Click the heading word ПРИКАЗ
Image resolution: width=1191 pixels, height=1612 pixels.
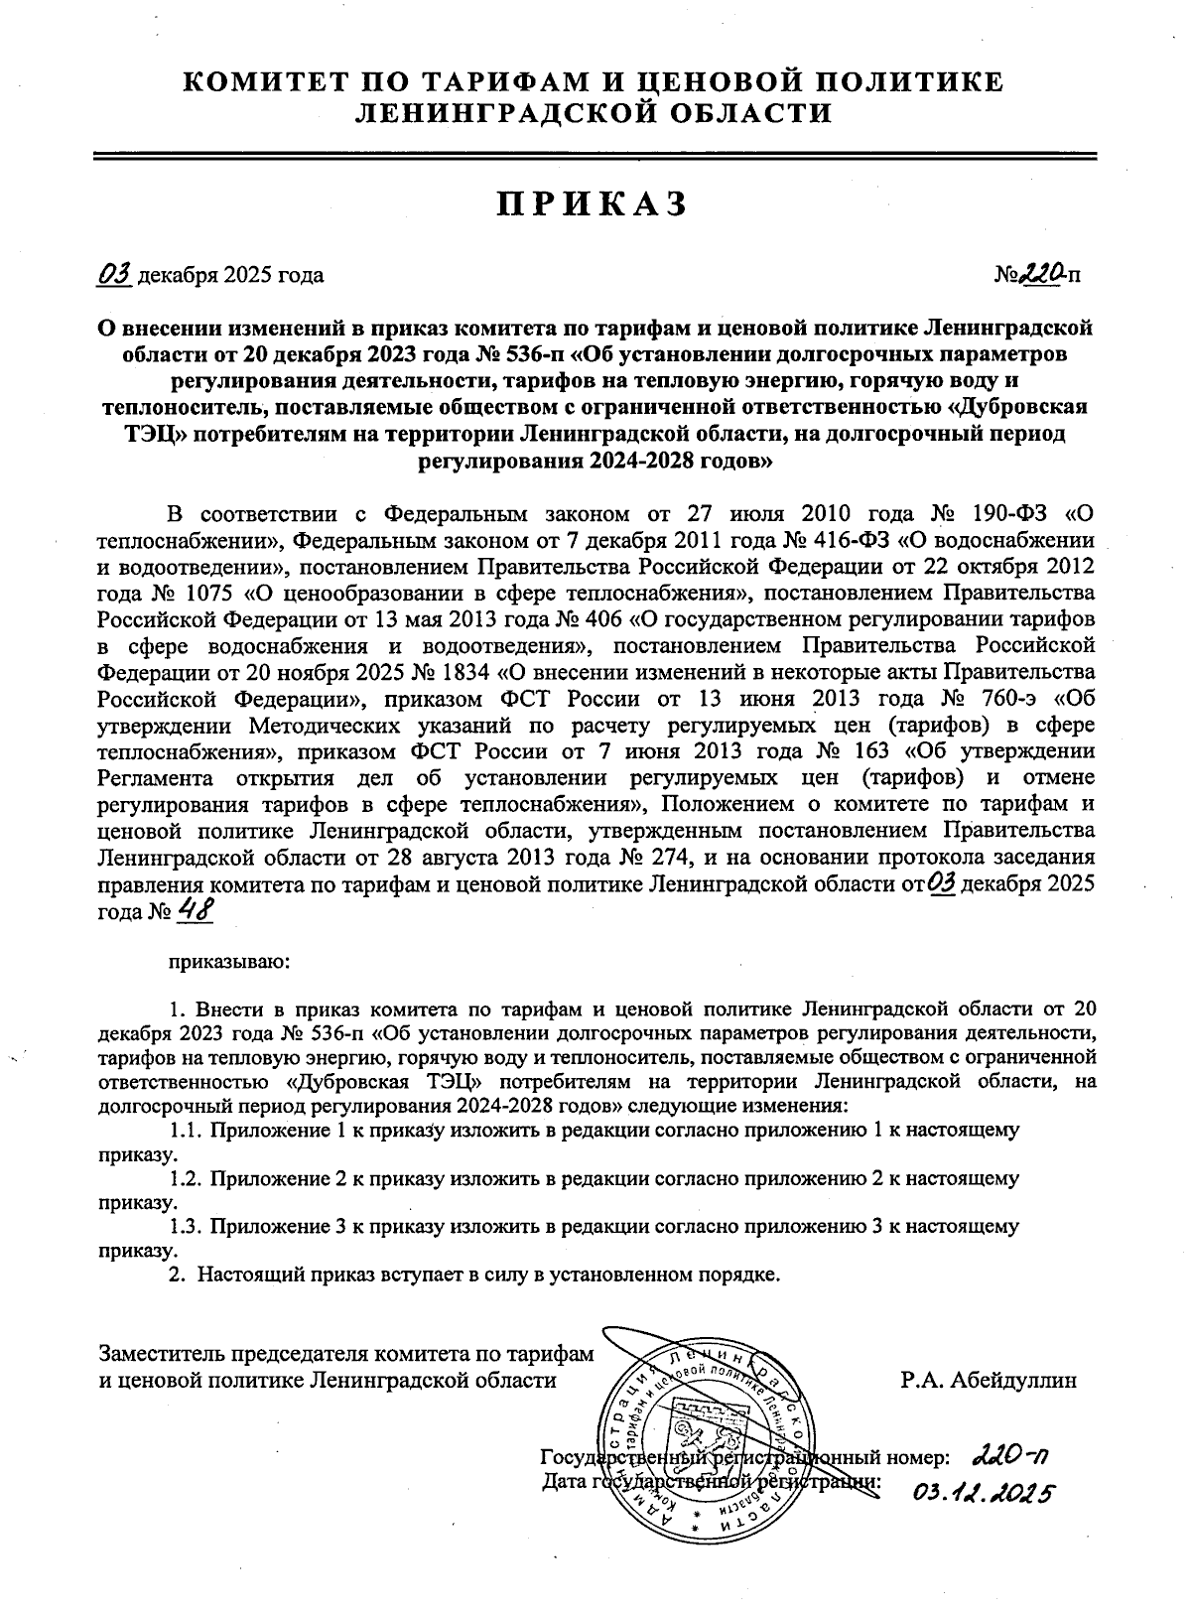[x=592, y=203]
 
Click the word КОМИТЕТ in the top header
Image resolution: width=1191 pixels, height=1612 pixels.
[x=261, y=82]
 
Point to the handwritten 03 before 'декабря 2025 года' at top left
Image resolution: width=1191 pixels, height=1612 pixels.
[x=115, y=273]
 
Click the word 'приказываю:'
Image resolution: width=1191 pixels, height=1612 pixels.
[x=229, y=961]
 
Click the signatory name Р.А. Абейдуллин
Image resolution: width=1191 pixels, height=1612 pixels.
[x=988, y=1379]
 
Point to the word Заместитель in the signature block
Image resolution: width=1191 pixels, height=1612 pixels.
[x=162, y=1353]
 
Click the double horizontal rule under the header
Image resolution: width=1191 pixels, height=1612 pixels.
[x=594, y=155]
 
